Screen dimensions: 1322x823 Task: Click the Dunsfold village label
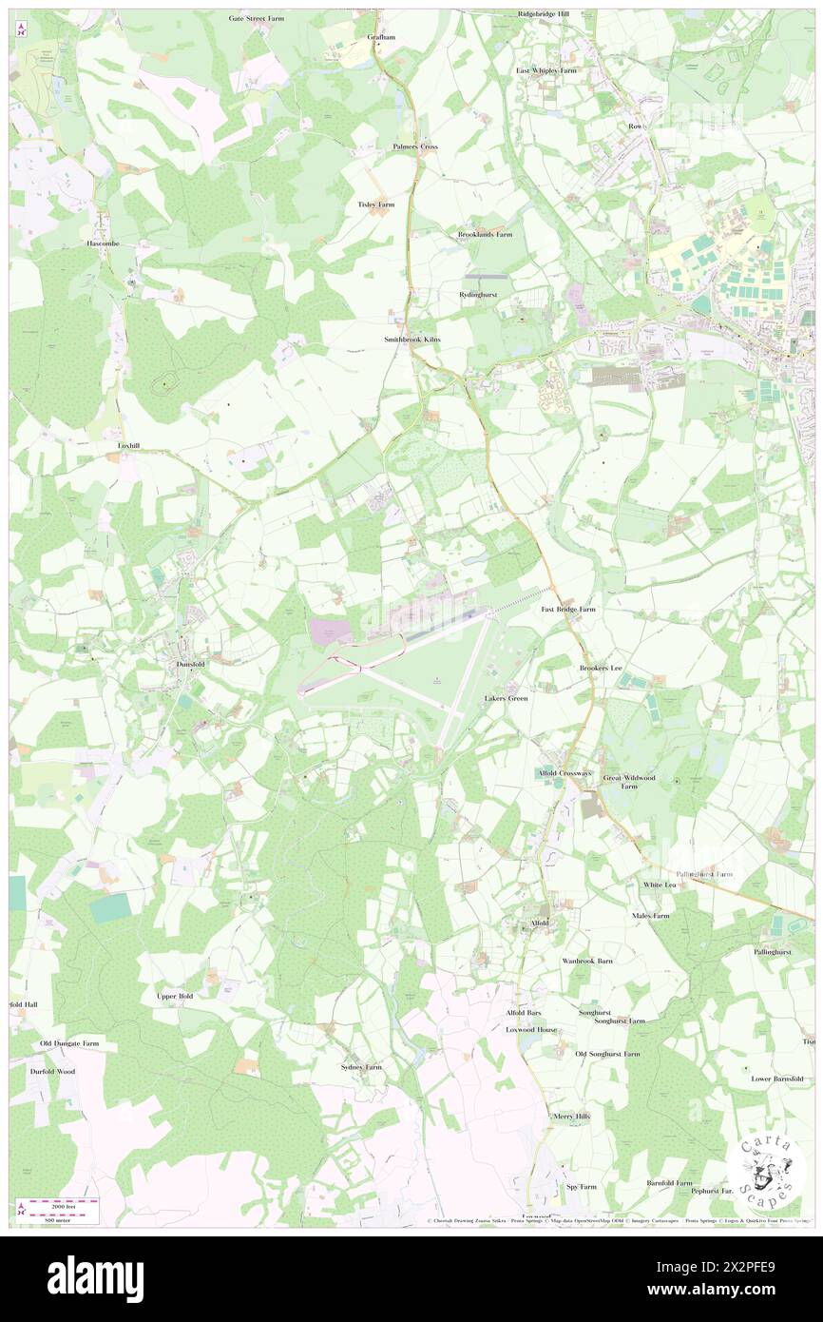pos(191,666)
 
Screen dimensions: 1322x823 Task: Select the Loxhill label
pos(128,445)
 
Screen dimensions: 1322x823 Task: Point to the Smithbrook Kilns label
pos(411,339)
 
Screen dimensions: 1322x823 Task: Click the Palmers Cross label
pos(415,146)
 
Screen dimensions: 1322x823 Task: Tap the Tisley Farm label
pos(375,204)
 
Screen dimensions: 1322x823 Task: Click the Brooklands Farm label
pos(485,234)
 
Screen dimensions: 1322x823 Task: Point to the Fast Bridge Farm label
pos(568,609)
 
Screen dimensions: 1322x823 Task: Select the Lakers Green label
pos(506,698)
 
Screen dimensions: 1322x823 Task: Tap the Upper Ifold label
pos(175,996)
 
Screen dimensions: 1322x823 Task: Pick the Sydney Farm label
pos(361,1067)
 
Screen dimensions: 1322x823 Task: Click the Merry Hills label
pos(571,1117)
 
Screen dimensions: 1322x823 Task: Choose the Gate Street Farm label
pos(257,18)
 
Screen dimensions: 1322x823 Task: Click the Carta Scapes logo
pos(769,1169)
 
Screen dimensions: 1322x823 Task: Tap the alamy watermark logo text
pos(95,1278)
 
